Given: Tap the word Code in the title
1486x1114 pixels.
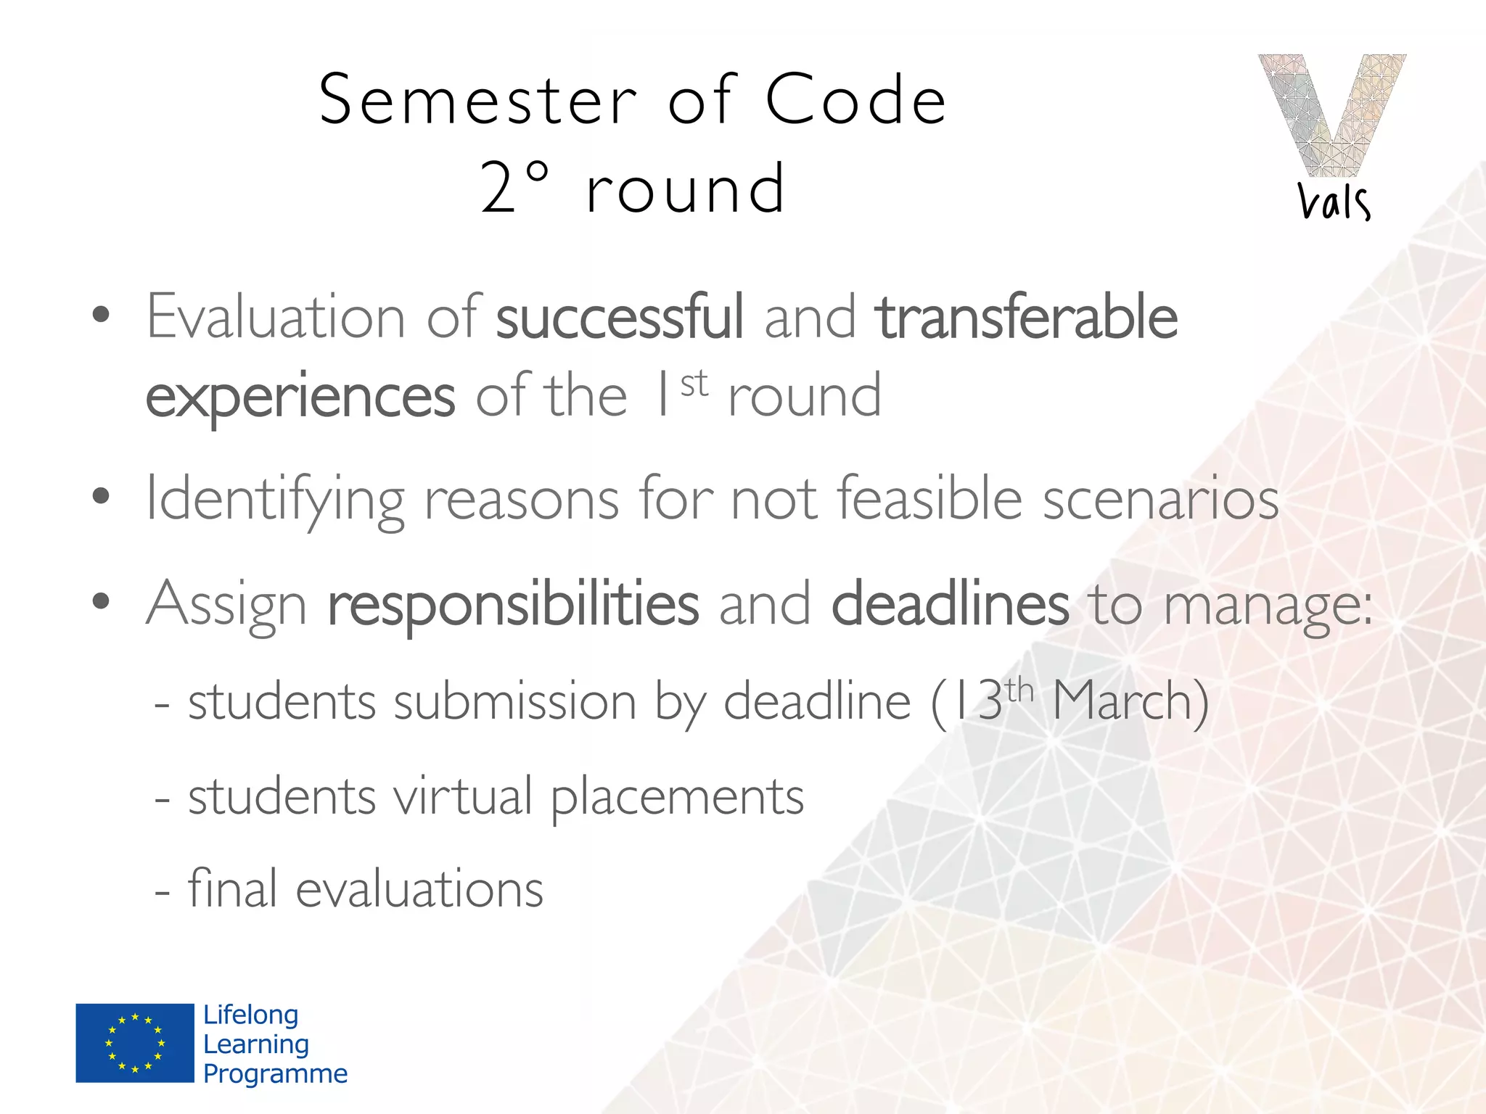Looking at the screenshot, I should pyautogui.click(x=856, y=100).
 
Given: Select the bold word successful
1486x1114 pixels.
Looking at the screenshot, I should pyautogui.click(x=620, y=316).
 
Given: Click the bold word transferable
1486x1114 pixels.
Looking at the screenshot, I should pyautogui.click(x=1026, y=316).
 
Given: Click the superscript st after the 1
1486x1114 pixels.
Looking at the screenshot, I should pyautogui.click(x=694, y=383).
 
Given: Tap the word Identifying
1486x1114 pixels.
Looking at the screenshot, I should pyautogui.click(x=274, y=499).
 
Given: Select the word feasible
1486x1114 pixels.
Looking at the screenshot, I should pyautogui.click(x=930, y=498).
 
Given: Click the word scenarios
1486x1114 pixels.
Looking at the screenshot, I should pyautogui.click(x=1161, y=499).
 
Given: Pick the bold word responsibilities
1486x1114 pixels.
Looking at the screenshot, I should pyautogui.click(x=514, y=603).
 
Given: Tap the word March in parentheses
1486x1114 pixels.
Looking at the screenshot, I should pyautogui.click(x=1120, y=701).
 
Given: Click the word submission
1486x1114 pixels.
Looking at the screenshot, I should pyautogui.click(x=515, y=701).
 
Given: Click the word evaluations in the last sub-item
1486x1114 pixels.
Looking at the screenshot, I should pyautogui.click(x=419, y=889).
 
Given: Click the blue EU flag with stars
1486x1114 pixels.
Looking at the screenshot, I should pyautogui.click(x=135, y=1043).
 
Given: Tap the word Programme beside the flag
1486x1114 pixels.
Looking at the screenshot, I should pyautogui.click(x=276, y=1073).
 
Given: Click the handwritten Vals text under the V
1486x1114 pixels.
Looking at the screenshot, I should pyautogui.click(x=1334, y=202).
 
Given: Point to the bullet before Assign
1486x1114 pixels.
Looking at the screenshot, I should pyautogui.click(x=101, y=601).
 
